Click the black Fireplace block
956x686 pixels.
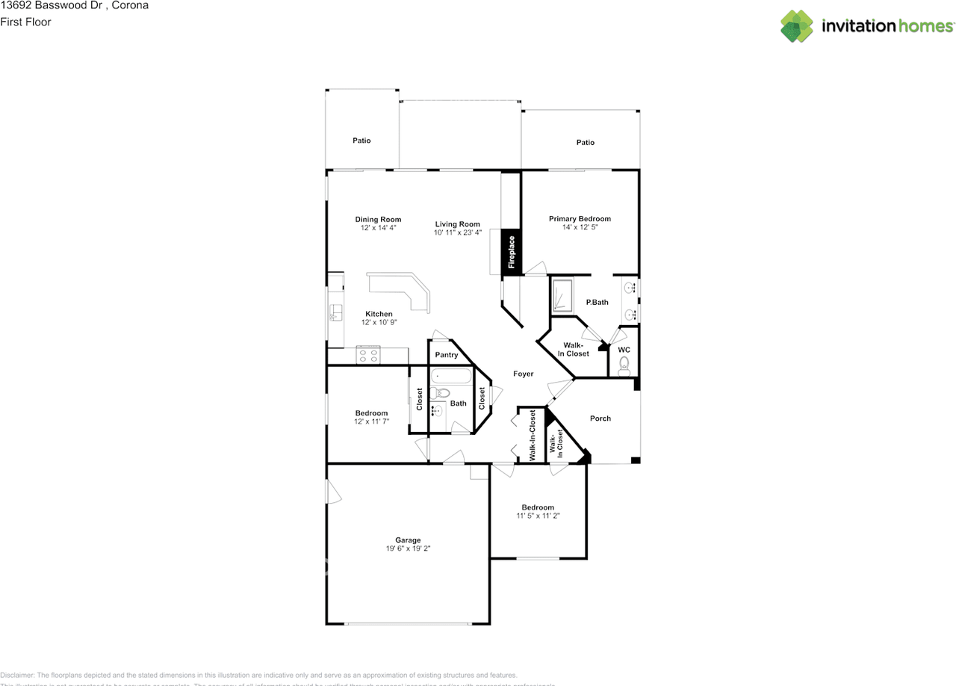coord(512,252)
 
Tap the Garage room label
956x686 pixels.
coord(408,540)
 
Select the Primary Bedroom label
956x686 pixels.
coord(580,219)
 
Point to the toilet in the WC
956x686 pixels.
coord(624,365)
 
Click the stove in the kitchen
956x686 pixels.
coord(368,354)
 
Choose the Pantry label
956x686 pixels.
coord(446,355)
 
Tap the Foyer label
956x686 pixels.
coord(523,374)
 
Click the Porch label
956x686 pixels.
coord(600,418)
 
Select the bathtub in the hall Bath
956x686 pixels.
coord(451,376)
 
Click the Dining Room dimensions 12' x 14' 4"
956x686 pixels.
coord(377,228)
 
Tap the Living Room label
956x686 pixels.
coord(457,224)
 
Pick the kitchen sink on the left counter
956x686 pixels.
coord(336,312)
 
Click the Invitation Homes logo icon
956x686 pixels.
coord(797,26)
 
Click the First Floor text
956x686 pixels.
coord(26,22)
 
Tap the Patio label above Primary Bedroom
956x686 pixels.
coord(586,142)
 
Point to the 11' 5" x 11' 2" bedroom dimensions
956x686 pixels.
coord(538,516)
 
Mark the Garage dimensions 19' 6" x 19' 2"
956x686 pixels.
coord(408,549)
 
